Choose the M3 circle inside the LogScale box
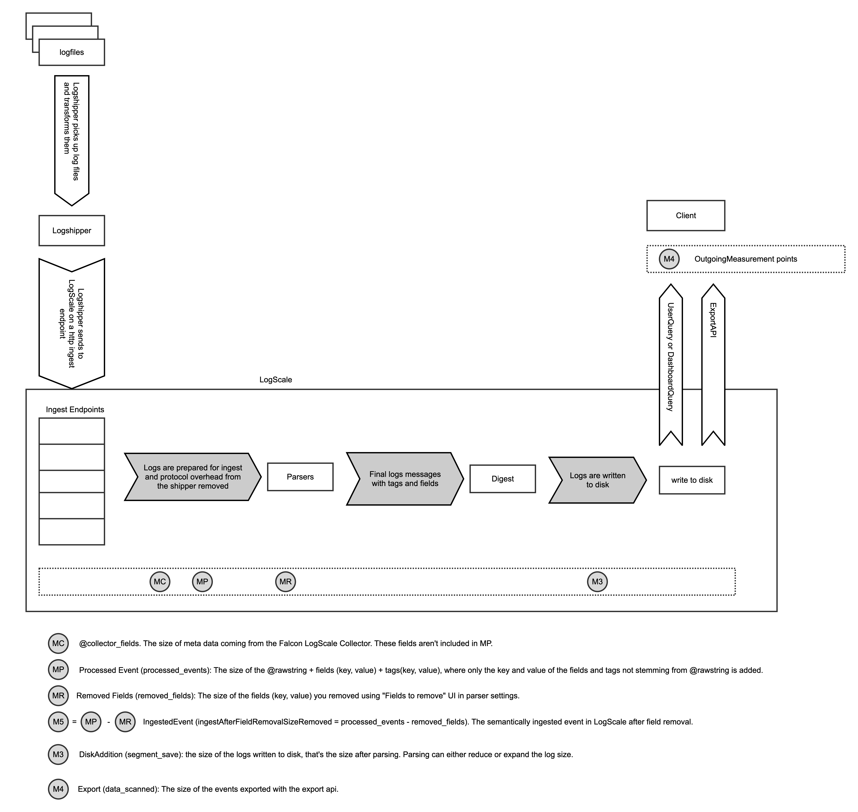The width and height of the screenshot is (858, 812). point(597,582)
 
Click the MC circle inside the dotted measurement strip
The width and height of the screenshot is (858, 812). point(160,582)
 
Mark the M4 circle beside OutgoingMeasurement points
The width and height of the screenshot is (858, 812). point(669,259)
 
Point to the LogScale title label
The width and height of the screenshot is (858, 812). point(276,380)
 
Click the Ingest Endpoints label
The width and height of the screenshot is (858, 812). point(75,409)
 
